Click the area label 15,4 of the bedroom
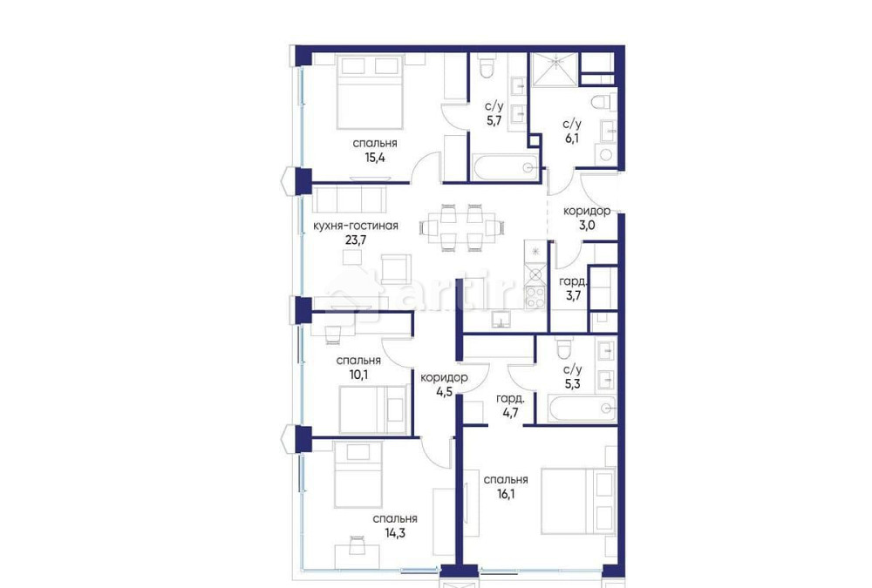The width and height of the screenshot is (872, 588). coord(375,158)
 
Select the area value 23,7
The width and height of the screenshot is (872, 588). coord(355,241)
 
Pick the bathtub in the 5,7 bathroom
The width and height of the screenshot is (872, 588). coord(502,168)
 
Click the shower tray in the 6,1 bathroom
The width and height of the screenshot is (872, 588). coord(555,70)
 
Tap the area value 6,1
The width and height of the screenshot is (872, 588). coord(572,138)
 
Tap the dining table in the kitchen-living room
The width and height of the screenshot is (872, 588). coord(462,228)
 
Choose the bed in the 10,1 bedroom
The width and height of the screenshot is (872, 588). coord(371,409)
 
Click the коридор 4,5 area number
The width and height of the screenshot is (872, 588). coord(444,391)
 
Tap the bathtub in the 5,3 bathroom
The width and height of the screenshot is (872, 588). coord(582,408)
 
